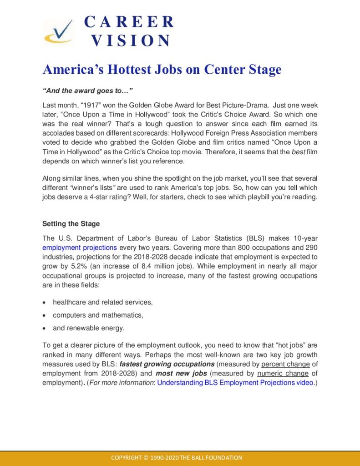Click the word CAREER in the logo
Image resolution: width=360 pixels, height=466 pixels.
coord(129,21)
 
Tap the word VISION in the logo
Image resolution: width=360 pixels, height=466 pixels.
coord(131,41)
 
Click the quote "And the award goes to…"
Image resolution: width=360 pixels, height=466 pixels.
coord(81,91)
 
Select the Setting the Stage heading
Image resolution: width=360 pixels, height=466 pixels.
coord(71,224)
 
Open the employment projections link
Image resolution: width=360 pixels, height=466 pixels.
coord(80,248)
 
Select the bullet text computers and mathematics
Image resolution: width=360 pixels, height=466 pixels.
coord(98,315)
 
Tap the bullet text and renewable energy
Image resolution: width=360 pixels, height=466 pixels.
coord(88,328)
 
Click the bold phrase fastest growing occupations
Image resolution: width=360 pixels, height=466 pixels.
coord(167,364)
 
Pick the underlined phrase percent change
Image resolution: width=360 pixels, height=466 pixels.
coord(285,364)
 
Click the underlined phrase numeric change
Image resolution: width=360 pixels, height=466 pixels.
coord(283,374)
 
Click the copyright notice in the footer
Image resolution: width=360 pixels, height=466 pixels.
coord(177,457)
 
